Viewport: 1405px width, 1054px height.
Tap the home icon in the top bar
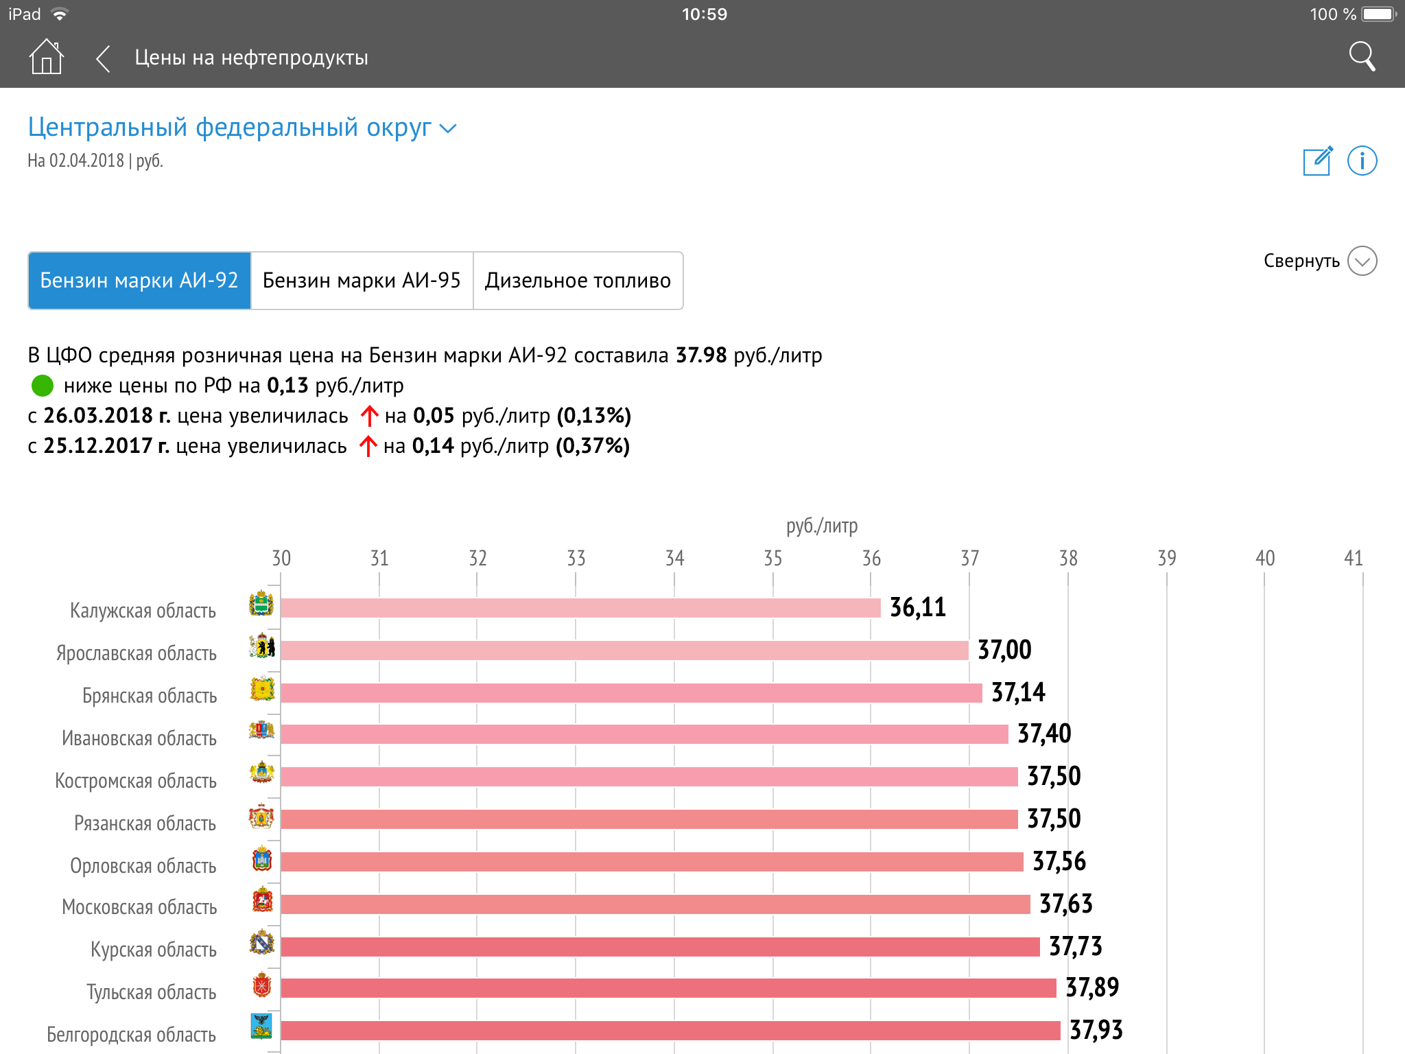coord(46,56)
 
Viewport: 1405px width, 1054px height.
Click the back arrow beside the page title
coord(103,58)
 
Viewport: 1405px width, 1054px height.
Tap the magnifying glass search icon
coord(1362,56)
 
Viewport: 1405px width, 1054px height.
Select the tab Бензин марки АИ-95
coord(362,281)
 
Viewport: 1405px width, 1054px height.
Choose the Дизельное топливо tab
coord(578,281)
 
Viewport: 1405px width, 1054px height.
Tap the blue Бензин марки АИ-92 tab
coord(139,281)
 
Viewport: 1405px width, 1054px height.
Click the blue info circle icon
coord(1362,161)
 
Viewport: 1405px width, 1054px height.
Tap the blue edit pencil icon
coord(1318,161)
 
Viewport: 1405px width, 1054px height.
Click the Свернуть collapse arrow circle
coord(1362,261)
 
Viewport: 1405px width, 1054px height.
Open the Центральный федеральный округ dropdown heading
coord(241,128)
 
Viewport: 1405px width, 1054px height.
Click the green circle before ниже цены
coord(43,386)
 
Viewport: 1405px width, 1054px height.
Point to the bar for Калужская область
coord(580,608)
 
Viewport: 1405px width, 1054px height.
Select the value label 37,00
coord(1004,650)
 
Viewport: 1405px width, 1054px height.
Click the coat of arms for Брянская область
coord(262,690)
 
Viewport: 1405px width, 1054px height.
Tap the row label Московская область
coord(139,907)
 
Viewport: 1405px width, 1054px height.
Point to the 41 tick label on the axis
coord(1353,558)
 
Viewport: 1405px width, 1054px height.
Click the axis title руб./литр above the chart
coord(822,526)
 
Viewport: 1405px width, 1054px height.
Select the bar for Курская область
coord(660,947)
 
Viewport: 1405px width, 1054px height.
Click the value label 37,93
coord(1096,1030)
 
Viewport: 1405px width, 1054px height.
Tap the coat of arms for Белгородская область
coord(261,1027)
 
